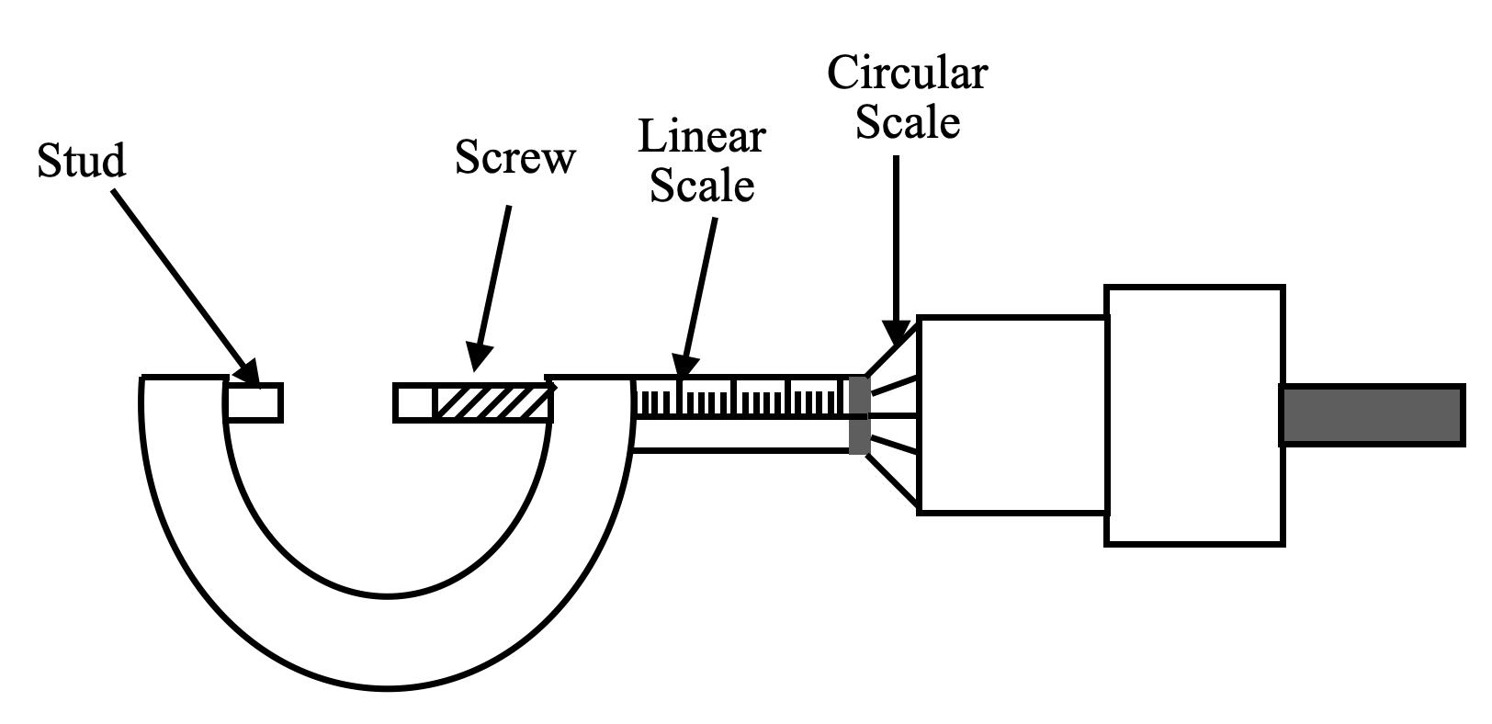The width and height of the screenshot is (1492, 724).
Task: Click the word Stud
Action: pyautogui.click(x=81, y=161)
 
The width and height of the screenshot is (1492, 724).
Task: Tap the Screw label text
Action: pyautogui.click(x=514, y=158)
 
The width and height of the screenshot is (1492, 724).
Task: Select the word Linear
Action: pyautogui.click(x=702, y=137)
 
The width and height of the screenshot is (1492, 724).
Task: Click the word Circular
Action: pyautogui.click(x=907, y=73)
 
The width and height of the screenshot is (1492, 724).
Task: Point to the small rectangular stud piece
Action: pyautogui.click(x=254, y=402)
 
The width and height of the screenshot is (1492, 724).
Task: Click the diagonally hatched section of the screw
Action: pyautogui.click(x=493, y=402)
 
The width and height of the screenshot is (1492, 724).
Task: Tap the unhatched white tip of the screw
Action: pyautogui.click(x=414, y=402)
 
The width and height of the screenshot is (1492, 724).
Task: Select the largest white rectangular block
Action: pyautogui.click(x=1193, y=416)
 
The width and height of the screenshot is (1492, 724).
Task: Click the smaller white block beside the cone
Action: pyautogui.click(x=1012, y=414)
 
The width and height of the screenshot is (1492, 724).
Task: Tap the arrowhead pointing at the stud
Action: pyautogui.click(x=247, y=373)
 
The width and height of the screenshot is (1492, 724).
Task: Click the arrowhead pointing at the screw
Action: pyautogui.click(x=479, y=359)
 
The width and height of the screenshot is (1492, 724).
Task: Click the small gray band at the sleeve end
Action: pyautogui.click(x=858, y=415)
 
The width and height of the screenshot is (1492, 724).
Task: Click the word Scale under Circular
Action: pyautogui.click(x=908, y=122)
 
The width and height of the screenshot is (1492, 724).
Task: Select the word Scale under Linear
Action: pyautogui.click(x=702, y=186)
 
